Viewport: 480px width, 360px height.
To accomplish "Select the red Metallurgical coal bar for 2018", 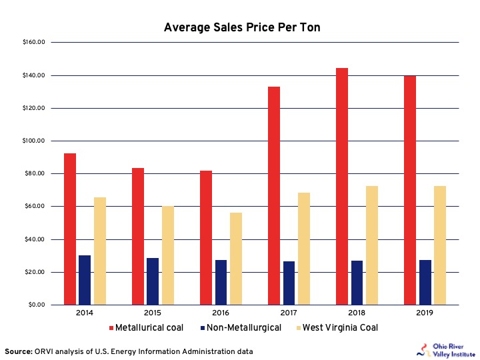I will (x=342, y=187).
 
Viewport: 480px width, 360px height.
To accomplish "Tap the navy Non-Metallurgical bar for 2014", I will (x=85, y=280).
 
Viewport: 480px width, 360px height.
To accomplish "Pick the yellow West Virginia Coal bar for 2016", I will (x=236, y=259).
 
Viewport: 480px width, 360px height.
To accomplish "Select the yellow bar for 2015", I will (x=168, y=255).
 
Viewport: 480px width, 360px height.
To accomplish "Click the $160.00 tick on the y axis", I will (x=33, y=43).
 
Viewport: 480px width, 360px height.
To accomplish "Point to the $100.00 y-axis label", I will (x=33, y=141).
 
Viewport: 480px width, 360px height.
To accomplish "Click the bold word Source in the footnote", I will (x=19, y=351).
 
